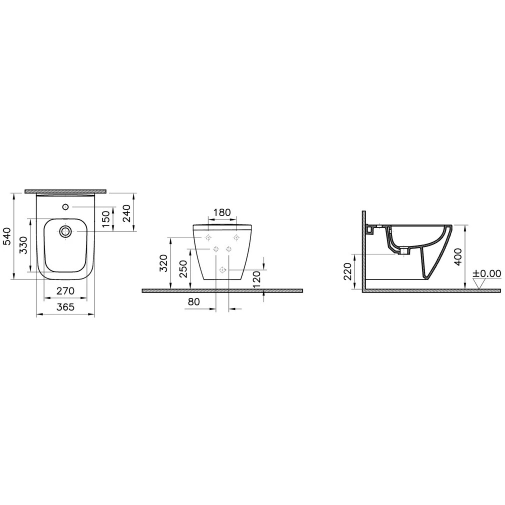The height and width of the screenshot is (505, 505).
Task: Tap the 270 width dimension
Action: pos(65,290)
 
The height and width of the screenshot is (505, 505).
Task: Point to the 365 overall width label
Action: pos(65,307)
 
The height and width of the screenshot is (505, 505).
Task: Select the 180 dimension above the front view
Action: pos(222,212)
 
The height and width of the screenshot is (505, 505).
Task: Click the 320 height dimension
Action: pos(163,263)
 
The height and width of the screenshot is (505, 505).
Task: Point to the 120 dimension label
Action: pos(256,277)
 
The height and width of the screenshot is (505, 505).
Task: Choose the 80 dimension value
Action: pos(194,302)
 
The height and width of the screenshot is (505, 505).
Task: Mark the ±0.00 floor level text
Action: pos(487,273)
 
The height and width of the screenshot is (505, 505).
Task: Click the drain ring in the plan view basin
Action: pos(65,231)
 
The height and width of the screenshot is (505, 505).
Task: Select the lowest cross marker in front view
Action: pos(222,269)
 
